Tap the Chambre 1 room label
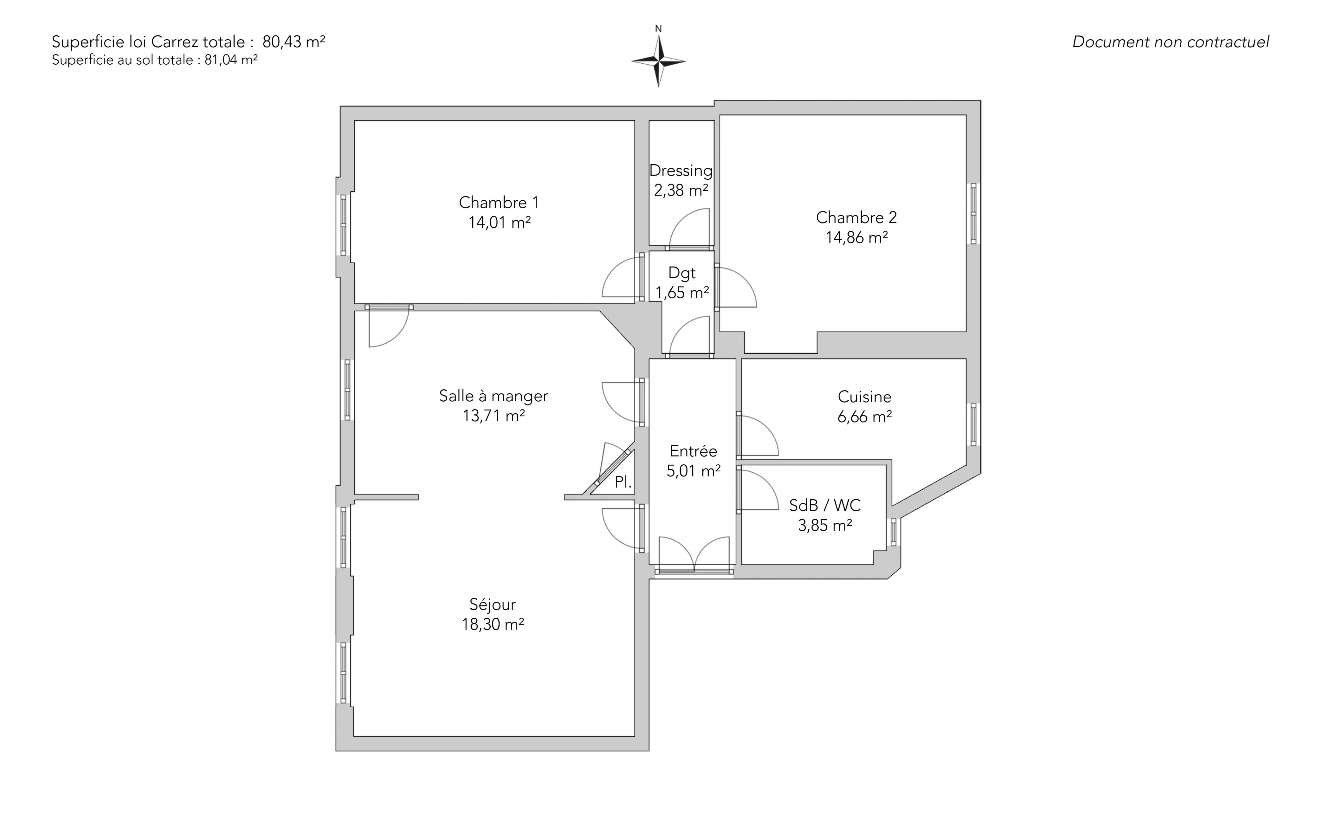point(499,203)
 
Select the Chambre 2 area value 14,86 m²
point(857,237)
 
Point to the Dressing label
point(681,171)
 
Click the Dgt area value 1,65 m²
point(682,293)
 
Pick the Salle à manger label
point(493,396)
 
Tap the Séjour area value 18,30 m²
point(493,624)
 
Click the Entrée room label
point(694,451)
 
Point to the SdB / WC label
point(825,505)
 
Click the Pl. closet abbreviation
point(623,482)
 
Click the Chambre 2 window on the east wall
point(974,213)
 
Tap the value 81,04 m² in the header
point(231,60)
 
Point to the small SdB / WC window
point(894,532)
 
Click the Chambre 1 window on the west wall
point(343,225)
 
